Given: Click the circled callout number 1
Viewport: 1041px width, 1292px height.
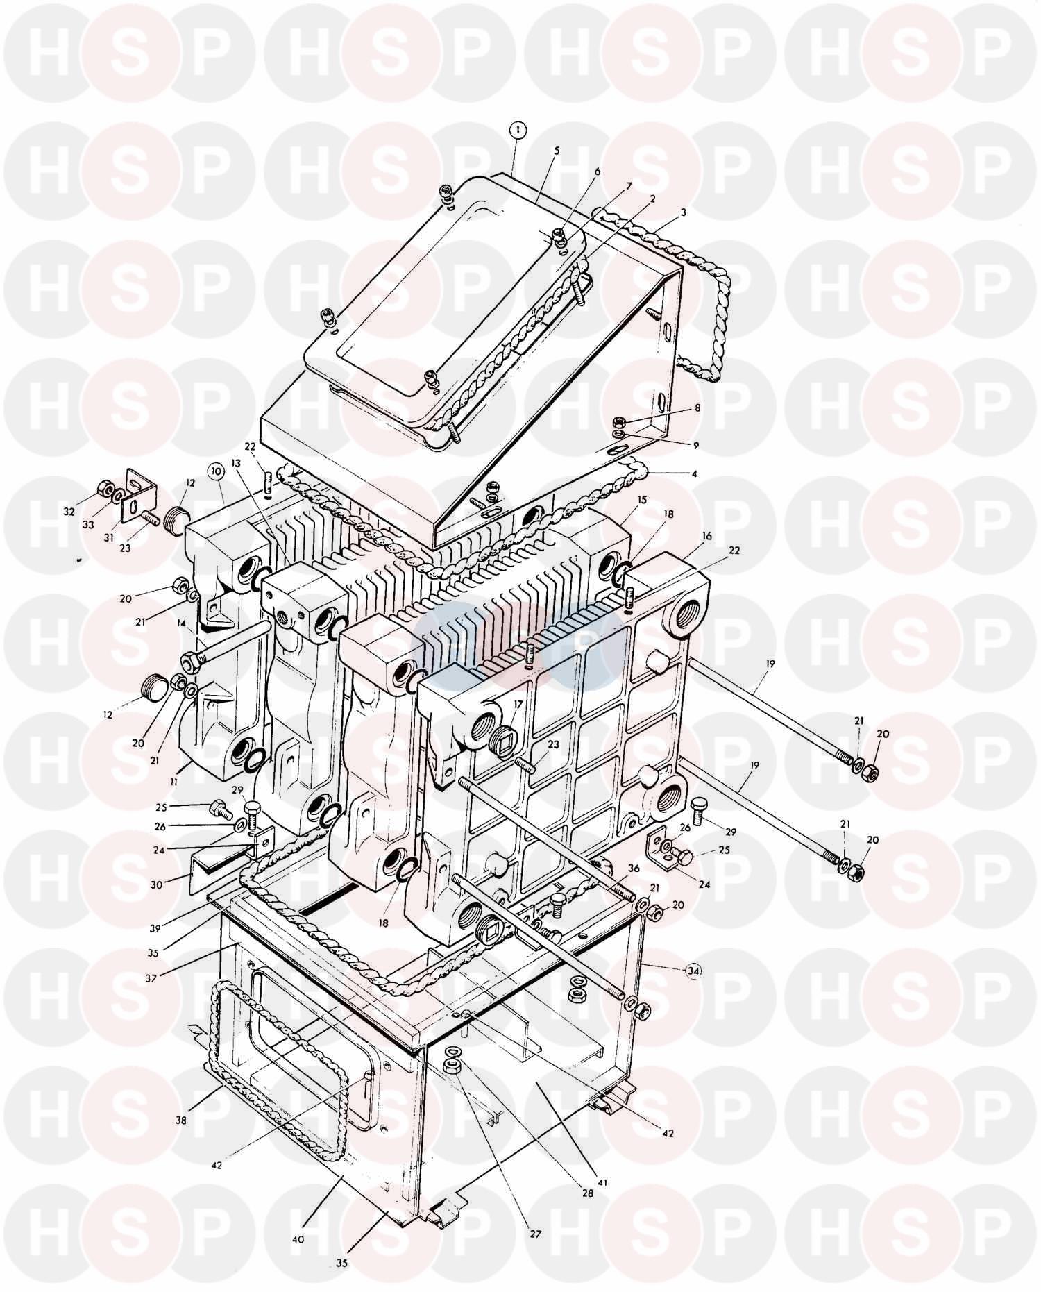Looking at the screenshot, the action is coord(518,129).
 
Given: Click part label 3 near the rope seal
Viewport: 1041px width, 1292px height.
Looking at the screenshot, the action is coord(684,213).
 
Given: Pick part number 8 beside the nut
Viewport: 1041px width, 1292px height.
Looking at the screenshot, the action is coord(698,408).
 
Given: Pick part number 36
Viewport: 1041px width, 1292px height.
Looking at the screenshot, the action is coord(634,869).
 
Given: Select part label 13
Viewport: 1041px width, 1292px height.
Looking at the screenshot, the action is coord(235,462).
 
